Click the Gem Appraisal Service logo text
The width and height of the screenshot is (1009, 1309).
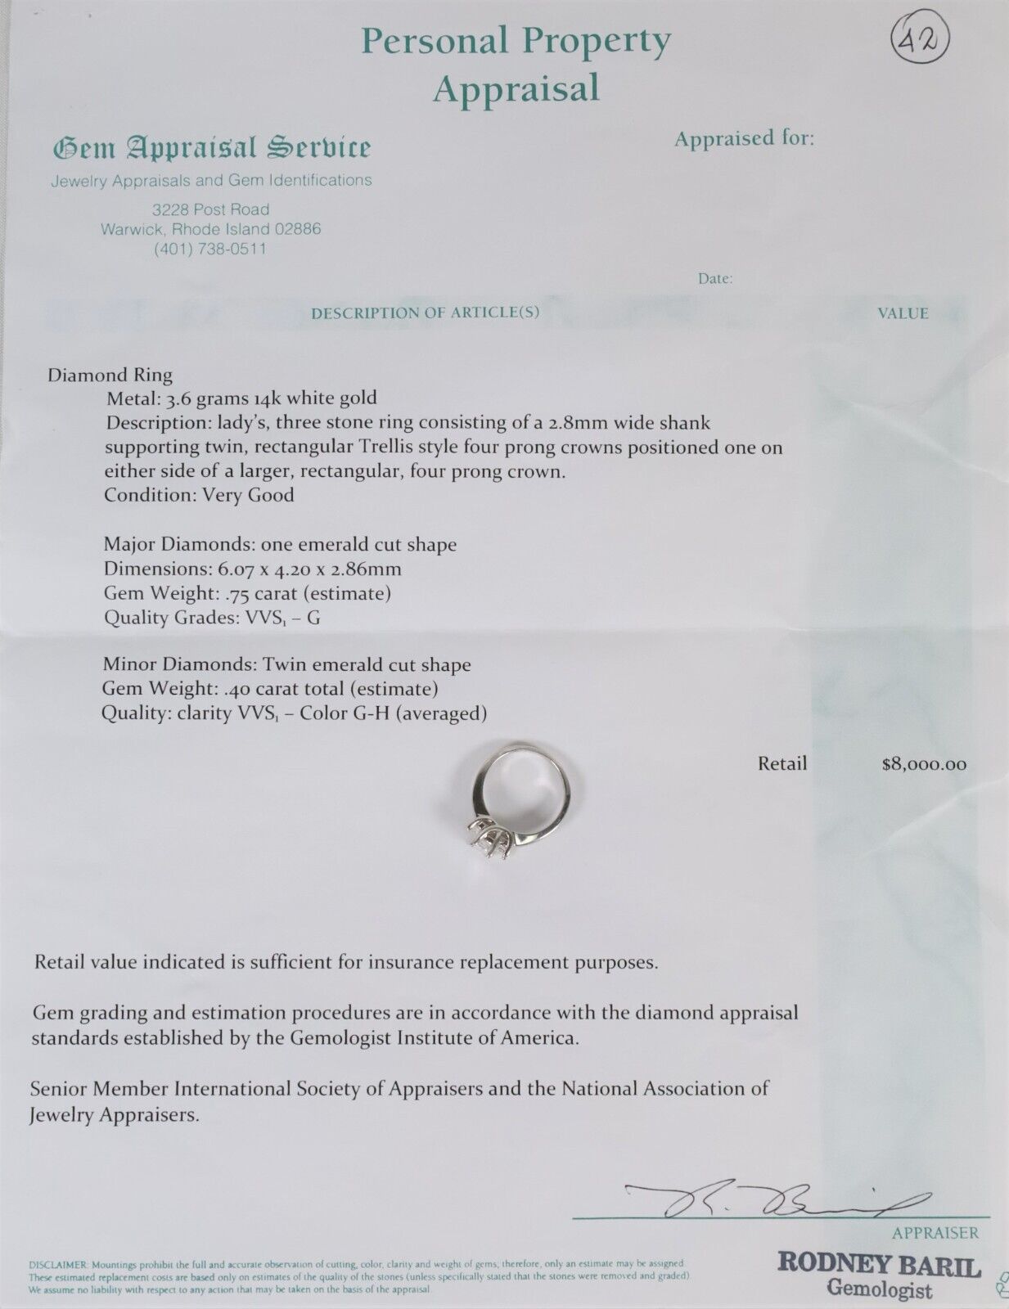coord(212,148)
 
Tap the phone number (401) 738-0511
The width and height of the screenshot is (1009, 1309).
coord(211,250)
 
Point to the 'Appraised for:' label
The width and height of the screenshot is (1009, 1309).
coord(744,138)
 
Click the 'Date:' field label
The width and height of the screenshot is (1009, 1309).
coord(715,279)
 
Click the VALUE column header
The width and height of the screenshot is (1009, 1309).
coord(903,313)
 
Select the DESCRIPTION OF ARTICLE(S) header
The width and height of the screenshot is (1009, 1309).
coord(426,313)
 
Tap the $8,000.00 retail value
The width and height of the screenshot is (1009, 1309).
coord(924,765)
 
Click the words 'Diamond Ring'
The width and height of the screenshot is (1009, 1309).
coord(110,376)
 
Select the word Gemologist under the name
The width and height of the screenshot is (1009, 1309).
coord(879,1291)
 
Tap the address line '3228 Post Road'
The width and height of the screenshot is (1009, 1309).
coord(211,209)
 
